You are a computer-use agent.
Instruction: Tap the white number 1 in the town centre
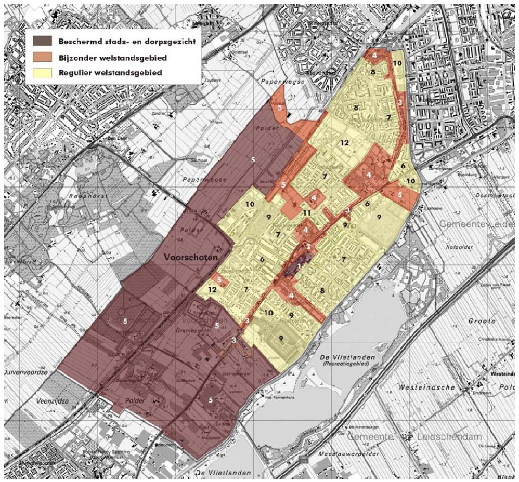299,266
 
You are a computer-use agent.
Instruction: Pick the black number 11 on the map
307,213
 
